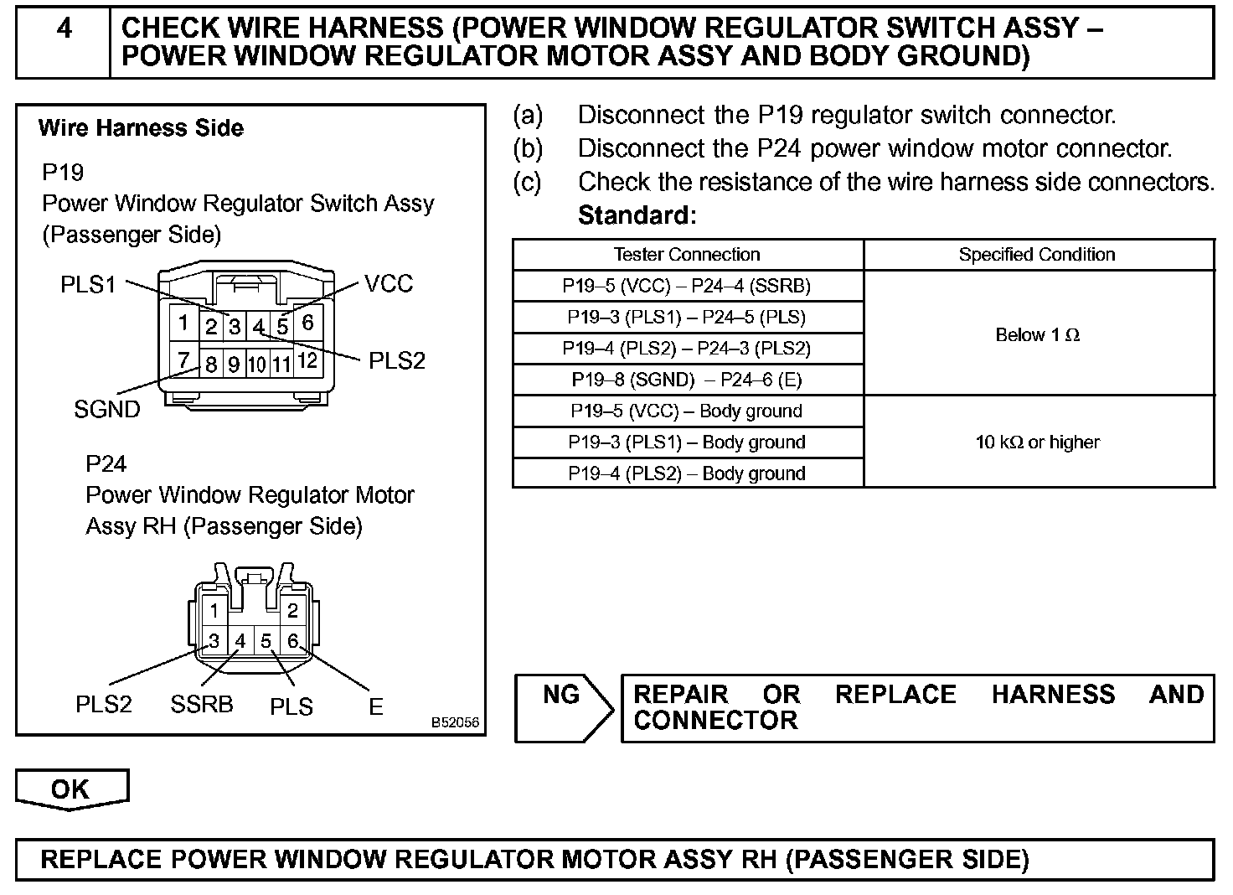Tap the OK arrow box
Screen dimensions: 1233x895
pos(71,789)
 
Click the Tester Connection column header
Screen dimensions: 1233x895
pos(687,255)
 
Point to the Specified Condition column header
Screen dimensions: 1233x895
pos(1037,255)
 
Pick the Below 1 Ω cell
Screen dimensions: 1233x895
pos(1037,335)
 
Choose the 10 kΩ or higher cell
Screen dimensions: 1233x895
pos(1037,442)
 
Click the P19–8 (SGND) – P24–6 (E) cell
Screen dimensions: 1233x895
pos(687,380)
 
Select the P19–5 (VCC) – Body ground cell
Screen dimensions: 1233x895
pos(687,411)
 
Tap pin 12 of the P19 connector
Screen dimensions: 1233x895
pos(307,361)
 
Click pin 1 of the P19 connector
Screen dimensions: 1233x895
pos(183,323)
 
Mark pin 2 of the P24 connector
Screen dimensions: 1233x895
pos(292,611)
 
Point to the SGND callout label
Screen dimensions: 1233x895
pos(107,409)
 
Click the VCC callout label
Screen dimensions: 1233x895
pos(389,284)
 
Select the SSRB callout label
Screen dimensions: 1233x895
pos(201,704)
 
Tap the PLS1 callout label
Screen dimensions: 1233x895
pos(88,285)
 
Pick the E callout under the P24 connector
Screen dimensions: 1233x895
pos(376,706)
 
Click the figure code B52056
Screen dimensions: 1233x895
pos(456,722)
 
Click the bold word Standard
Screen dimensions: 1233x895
pos(637,215)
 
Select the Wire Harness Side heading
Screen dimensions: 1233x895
pos(141,128)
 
